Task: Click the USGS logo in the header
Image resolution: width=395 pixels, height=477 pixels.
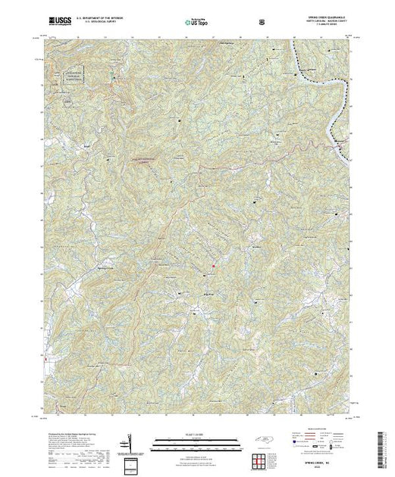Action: coord(58,21)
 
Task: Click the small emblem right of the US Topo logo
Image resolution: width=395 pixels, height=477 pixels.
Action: coord(262,21)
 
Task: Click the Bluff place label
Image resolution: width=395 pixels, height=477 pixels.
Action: coord(81,140)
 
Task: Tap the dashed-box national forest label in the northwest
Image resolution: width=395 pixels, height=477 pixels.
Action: coord(72,76)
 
